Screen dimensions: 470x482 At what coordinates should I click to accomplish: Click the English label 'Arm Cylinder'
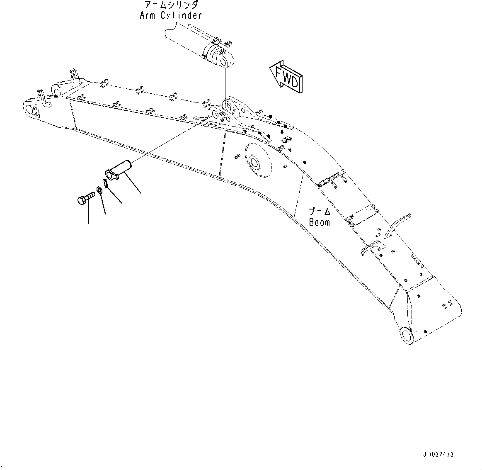(170, 16)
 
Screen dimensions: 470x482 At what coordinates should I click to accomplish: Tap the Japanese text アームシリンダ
(171, 5)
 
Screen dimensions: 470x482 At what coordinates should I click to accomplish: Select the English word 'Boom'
(320, 222)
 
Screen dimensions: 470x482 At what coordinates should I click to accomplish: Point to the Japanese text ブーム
(320, 212)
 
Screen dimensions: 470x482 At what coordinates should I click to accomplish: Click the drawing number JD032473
(438, 454)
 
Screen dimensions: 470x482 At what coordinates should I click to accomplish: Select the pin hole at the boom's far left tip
(30, 110)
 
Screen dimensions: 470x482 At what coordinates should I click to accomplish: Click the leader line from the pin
(133, 183)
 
